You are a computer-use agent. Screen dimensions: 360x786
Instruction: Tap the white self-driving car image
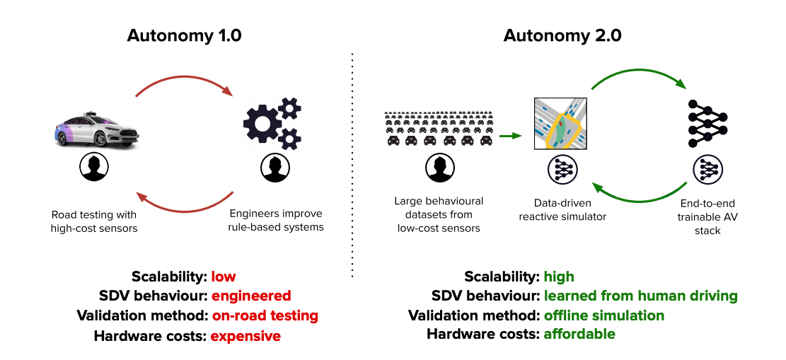click(99, 129)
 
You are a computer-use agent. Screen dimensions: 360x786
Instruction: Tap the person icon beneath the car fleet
click(438, 168)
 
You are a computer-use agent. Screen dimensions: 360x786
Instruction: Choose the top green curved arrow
click(637, 74)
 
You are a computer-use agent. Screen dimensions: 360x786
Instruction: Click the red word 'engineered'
click(251, 296)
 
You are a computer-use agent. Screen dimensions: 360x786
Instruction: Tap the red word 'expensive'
click(245, 336)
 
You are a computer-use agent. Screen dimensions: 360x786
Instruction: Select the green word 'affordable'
click(579, 334)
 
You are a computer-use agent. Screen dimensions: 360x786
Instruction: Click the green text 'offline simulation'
click(603, 315)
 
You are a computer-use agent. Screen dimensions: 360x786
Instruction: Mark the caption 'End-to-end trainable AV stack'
click(707, 217)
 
